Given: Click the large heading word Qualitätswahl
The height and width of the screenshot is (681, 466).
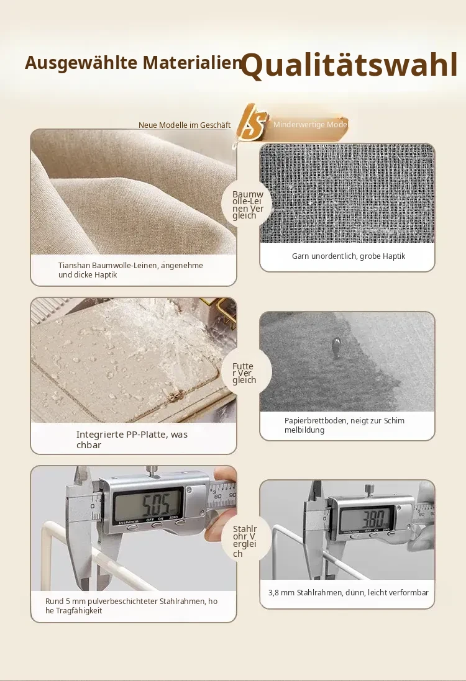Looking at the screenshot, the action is pyautogui.click(x=349, y=65).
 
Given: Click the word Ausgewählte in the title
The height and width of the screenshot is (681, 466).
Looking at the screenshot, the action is pyautogui.click(x=81, y=63).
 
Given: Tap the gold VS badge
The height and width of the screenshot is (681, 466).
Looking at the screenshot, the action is pyautogui.click(x=252, y=124).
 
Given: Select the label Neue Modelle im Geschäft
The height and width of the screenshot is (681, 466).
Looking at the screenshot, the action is pyautogui.click(x=185, y=125).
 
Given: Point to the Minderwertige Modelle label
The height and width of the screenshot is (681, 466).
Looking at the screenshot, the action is pyautogui.click(x=311, y=125).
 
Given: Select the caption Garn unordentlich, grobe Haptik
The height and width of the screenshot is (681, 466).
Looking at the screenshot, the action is pyautogui.click(x=348, y=256).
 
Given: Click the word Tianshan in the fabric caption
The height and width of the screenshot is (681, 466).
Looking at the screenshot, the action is pyautogui.click(x=74, y=265).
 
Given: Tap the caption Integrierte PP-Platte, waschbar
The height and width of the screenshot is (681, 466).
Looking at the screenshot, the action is pyautogui.click(x=132, y=440).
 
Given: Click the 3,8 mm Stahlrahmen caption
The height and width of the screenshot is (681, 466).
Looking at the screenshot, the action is pyautogui.click(x=348, y=592).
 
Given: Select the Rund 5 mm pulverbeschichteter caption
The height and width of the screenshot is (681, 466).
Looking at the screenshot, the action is pyautogui.click(x=131, y=606).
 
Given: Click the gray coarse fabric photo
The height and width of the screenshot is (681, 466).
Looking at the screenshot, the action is pyautogui.click(x=347, y=193).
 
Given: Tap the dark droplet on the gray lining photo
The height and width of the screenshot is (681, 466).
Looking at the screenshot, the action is pyautogui.click(x=336, y=348).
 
